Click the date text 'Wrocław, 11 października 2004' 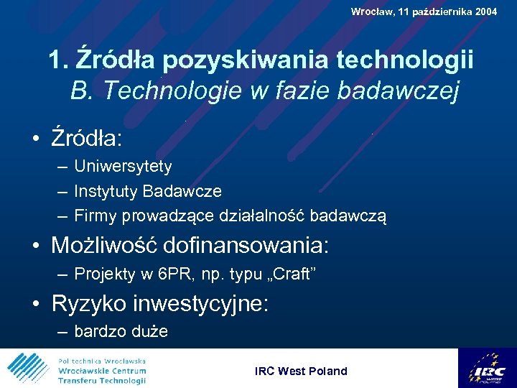click(424, 11)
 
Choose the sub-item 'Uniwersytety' click(123, 167)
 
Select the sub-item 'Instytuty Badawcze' click(148, 191)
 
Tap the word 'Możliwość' click(104, 246)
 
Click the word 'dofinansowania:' click(246, 246)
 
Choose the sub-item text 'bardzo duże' click(121, 332)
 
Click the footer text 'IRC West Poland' click(301, 371)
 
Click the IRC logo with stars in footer click(487, 368)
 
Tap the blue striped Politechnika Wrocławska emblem click(28, 369)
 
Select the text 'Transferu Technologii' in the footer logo click(102, 381)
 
